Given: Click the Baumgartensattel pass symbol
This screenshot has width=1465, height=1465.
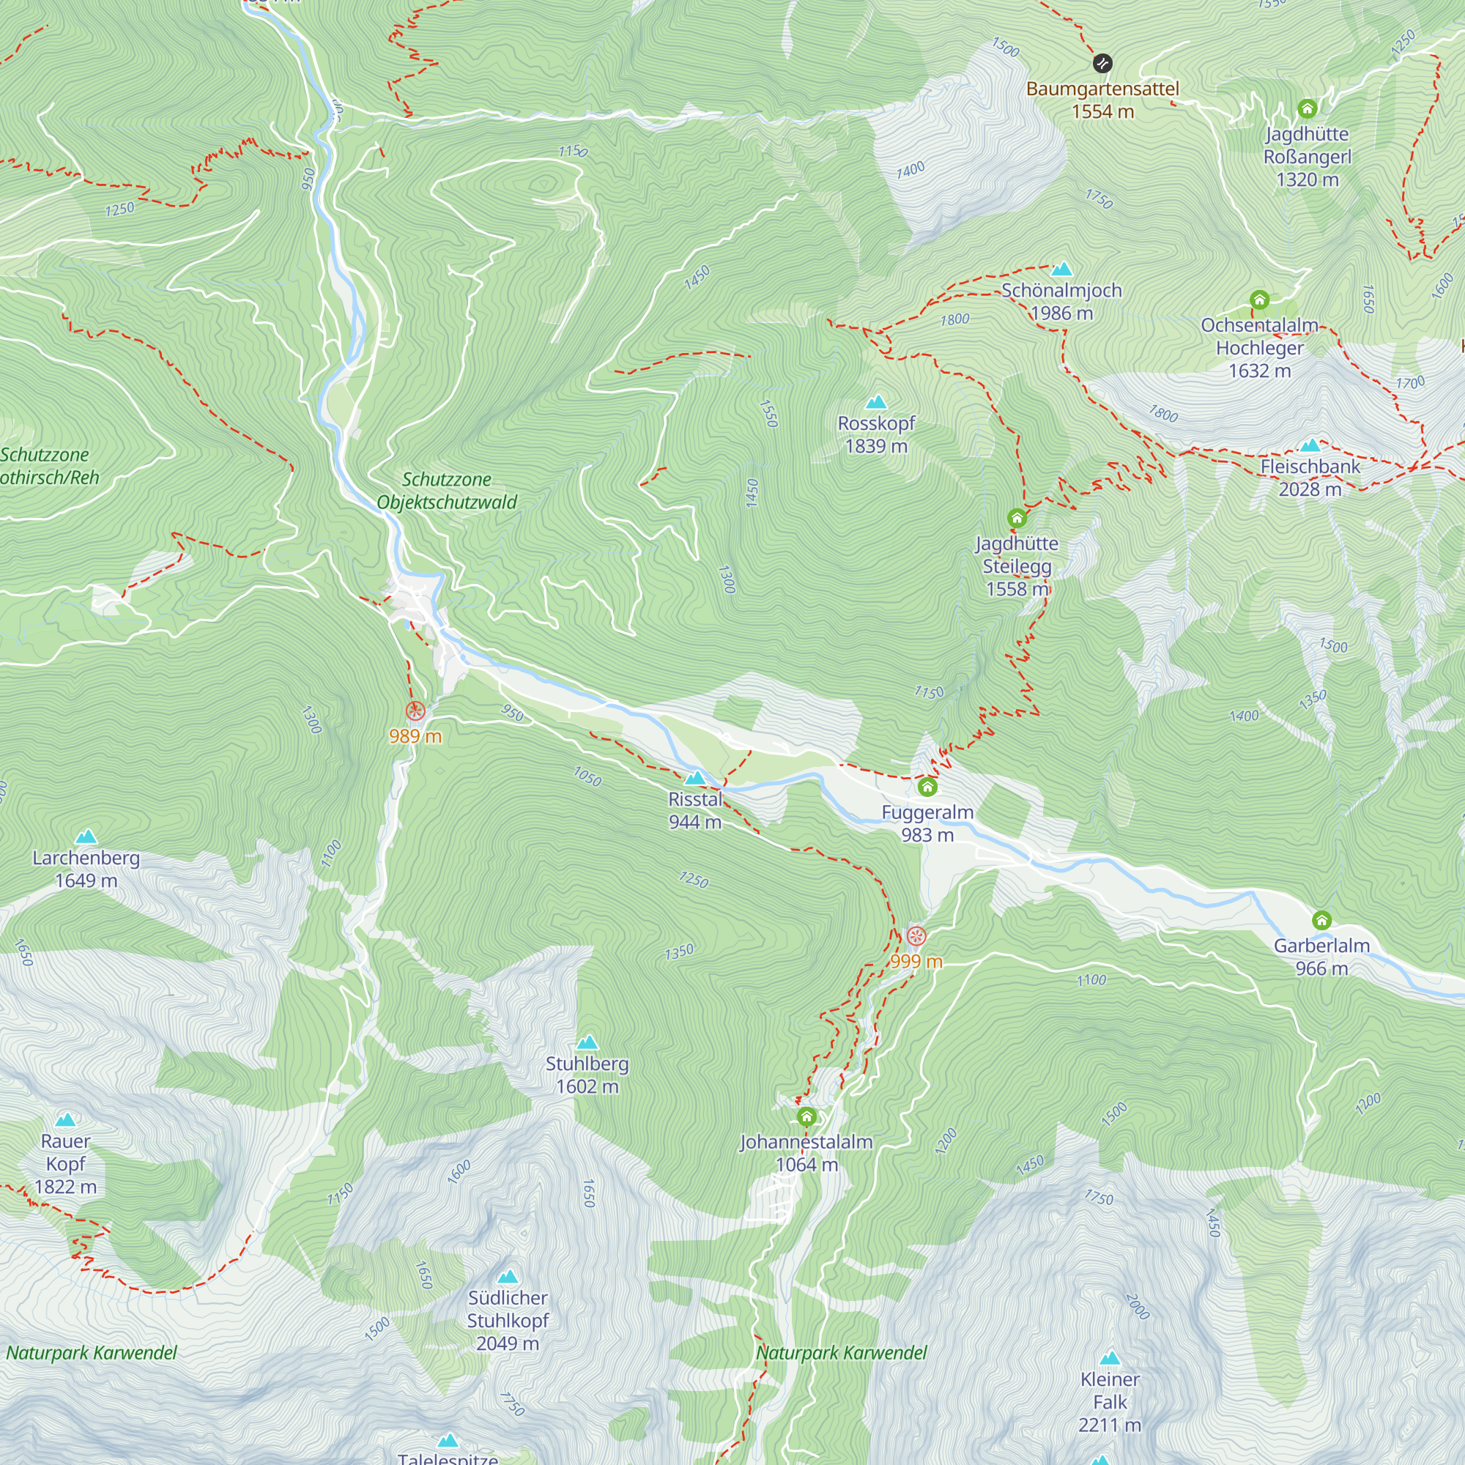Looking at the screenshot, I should coord(1102,63).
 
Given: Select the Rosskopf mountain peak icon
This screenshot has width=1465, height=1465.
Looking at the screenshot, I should coord(877,402).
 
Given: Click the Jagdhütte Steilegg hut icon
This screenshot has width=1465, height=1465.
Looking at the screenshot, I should coord(1017,518).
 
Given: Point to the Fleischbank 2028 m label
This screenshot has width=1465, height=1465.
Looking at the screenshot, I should coord(1310,478).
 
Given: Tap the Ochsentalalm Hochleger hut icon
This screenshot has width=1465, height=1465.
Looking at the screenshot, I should coord(1259,300).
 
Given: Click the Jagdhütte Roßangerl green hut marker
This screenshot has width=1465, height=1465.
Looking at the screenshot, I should coord(1308,108).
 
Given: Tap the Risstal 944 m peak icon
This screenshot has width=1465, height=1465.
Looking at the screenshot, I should coord(695,778).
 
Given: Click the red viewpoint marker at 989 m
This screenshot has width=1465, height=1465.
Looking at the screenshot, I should coord(415,711).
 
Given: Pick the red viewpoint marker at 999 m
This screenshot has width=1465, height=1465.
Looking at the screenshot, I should coord(917,935).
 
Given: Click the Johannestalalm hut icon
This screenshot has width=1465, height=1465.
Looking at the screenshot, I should coord(806,1116).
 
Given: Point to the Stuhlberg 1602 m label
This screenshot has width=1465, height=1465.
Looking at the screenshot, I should coord(587,1075).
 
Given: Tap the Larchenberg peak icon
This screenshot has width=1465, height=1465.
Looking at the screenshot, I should coord(86,837).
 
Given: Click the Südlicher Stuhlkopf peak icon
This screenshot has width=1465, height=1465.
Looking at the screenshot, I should coord(508,1277).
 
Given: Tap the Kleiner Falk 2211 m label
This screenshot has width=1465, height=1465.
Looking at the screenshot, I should coord(1110,1402).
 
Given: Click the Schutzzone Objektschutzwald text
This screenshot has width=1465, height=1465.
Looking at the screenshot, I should coord(447,491).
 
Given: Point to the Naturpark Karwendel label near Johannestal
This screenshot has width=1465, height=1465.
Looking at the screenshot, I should coord(842,1353).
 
